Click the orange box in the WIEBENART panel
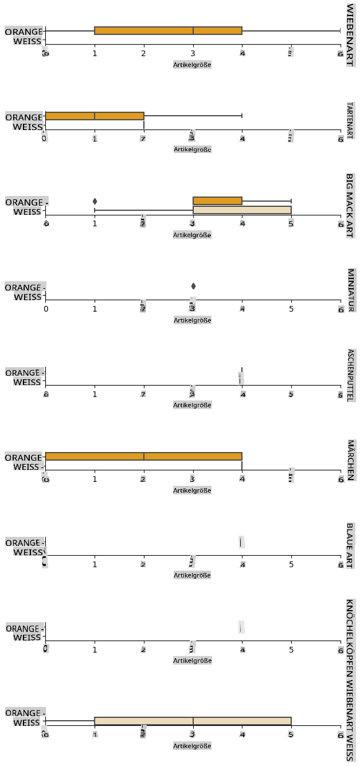click(168, 31)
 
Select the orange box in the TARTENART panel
click(95, 116)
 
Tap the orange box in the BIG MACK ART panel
click(217, 201)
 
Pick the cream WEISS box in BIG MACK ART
click(242, 210)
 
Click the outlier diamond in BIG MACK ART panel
click(95, 201)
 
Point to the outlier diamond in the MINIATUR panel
click(193, 286)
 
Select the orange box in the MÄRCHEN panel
click(143, 457)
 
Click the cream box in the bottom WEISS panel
click(193, 721)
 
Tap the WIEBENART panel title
click(350, 35)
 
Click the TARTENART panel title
click(350, 120)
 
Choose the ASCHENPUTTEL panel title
click(350, 375)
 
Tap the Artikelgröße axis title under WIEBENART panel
click(193, 65)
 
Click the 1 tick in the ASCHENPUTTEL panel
click(95, 395)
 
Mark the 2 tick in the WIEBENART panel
click(143, 54)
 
